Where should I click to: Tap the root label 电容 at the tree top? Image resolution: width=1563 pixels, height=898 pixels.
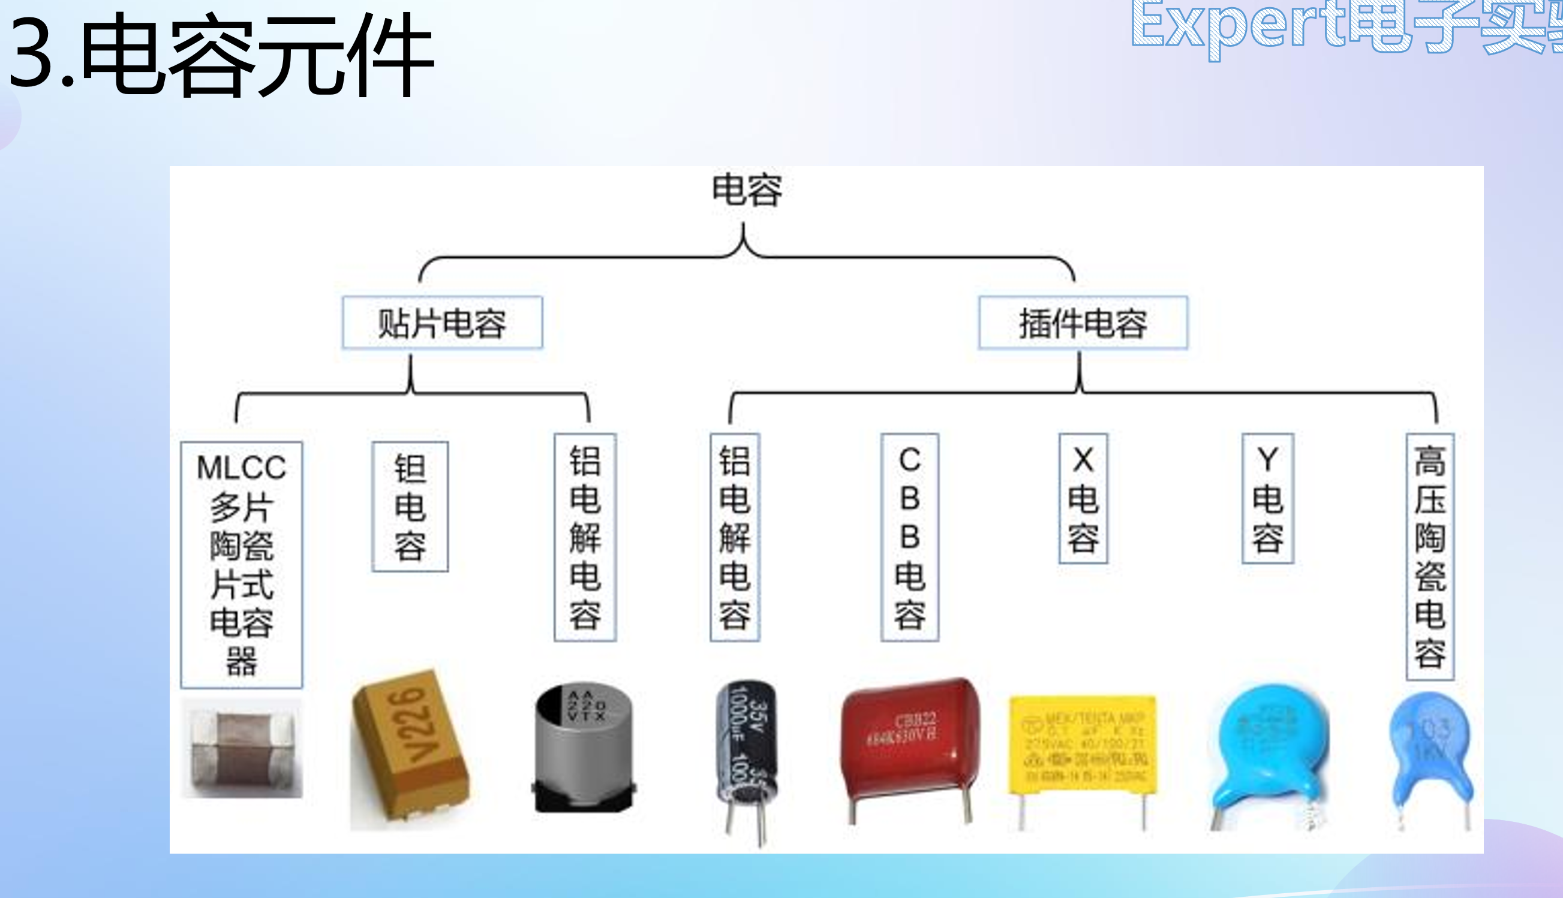click(x=747, y=190)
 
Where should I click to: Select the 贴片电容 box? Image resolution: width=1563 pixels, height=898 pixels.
click(x=443, y=323)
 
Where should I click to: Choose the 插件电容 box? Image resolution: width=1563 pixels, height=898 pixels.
click(x=1083, y=323)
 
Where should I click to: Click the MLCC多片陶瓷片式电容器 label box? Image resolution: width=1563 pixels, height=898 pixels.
click(x=241, y=564)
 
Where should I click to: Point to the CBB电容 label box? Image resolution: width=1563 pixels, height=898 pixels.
click(x=909, y=537)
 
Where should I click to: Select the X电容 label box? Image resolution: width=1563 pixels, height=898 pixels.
click(x=1083, y=498)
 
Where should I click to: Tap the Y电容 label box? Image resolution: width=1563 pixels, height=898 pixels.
click(x=1267, y=498)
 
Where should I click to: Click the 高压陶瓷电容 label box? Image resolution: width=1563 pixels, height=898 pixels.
click(x=1430, y=556)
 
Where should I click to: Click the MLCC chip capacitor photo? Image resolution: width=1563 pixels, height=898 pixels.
click(x=242, y=748)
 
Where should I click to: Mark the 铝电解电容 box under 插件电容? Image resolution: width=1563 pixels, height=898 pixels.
click(x=734, y=537)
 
